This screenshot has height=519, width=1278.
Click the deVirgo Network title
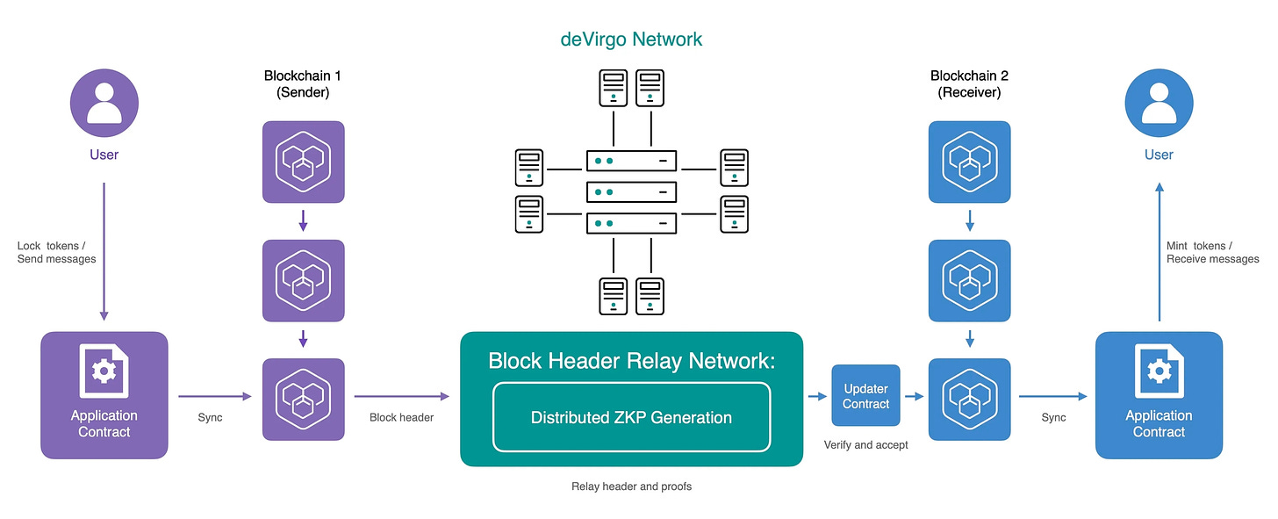pyautogui.click(x=631, y=40)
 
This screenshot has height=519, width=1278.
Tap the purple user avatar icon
pyautogui.click(x=104, y=104)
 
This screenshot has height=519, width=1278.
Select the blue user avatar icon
pyautogui.click(x=1159, y=104)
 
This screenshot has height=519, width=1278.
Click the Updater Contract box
pyautogui.click(x=865, y=396)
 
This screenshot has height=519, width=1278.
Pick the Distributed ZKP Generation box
pyautogui.click(x=631, y=417)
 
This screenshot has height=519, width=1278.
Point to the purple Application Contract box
pyautogui.click(x=104, y=394)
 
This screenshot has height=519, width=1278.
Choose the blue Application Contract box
pyautogui.click(x=1159, y=394)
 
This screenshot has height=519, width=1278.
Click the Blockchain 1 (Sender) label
pyautogui.click(x=303, y=84)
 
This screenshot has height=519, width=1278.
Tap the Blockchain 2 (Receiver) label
pyautogui.click(x=969, y=84)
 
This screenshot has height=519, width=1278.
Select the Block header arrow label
pyautogui.click(x=401, y=417)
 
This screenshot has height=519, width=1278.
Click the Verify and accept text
pyautogui.click(x=865, y=445)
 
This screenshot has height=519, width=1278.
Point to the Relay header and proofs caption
pyautogui.click(x=631, y=487)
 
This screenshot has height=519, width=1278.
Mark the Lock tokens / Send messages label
pyautogui.click(x=57, y=252)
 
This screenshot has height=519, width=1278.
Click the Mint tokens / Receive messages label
pyautogui.click(x=1212, y=252)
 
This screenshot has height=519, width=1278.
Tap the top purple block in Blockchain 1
pyautogui.click(x=303, y=162)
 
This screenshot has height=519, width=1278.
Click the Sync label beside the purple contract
pyautogui.click(x=211, y=417)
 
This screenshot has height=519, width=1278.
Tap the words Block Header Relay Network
pyautogui.click(x=631, y=360)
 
